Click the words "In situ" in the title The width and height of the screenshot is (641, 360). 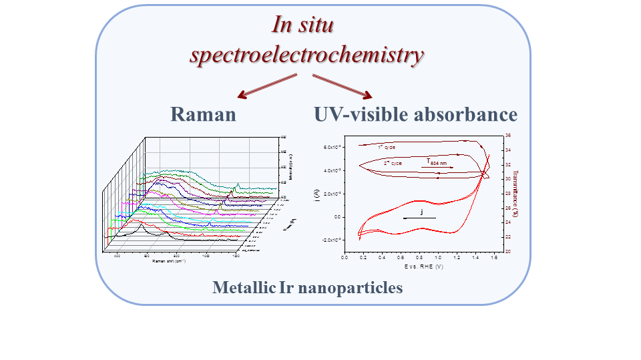point(302,25)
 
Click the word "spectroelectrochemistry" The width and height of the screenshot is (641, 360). point(306,55)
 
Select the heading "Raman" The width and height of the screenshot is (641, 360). point(203,114)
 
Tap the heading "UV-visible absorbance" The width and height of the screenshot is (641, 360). point(415,114)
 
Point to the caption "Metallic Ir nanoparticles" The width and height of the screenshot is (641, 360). point(308,288)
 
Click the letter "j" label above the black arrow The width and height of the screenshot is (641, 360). point(422,211)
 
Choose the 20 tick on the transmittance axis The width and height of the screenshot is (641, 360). point(508,251)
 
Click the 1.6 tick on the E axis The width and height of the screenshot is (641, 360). point(493,257)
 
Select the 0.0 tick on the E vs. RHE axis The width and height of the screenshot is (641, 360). point(345,257)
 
